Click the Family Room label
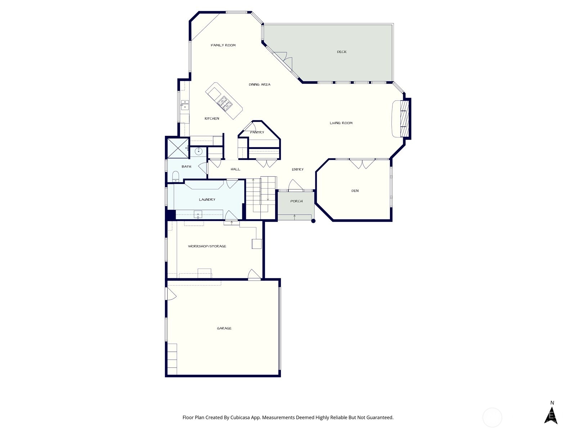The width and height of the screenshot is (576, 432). pos(223,45)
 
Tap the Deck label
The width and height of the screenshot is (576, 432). pos(342,52)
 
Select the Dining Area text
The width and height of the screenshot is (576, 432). pos(259,85)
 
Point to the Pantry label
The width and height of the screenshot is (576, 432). pos(257,132)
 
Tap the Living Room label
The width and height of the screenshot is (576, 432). pos(341,123)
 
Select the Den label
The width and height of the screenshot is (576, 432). pos(355,191)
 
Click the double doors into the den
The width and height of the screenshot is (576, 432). pos(363,164)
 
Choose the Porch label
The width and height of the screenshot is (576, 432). pos(296,201)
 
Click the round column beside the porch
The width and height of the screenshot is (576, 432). pos(313,221)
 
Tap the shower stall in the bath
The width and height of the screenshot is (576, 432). pos(177,148)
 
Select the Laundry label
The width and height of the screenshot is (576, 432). pos(207,199)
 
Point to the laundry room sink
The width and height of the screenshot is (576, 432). pos(198,215)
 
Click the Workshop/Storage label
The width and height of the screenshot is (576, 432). pos(207,246)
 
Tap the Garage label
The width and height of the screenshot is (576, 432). pos(224,328)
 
